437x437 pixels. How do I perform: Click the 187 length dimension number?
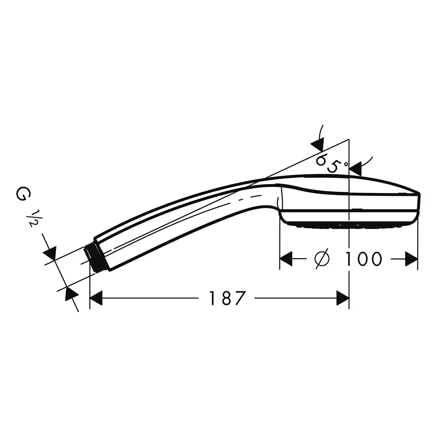pyautogui.click(x=227, y=298)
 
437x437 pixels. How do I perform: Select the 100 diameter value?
pyautogui.click(x=363, y=259)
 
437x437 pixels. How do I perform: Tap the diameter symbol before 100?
pyautogui.click(x=322, y=259)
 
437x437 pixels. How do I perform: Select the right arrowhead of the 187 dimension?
pyautogui.click(x=343, y=298)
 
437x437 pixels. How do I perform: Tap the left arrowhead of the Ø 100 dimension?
pyautogui.click(x=286, y=259)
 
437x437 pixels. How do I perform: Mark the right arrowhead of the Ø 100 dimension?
pyautogui.click(x=411, y=259)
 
